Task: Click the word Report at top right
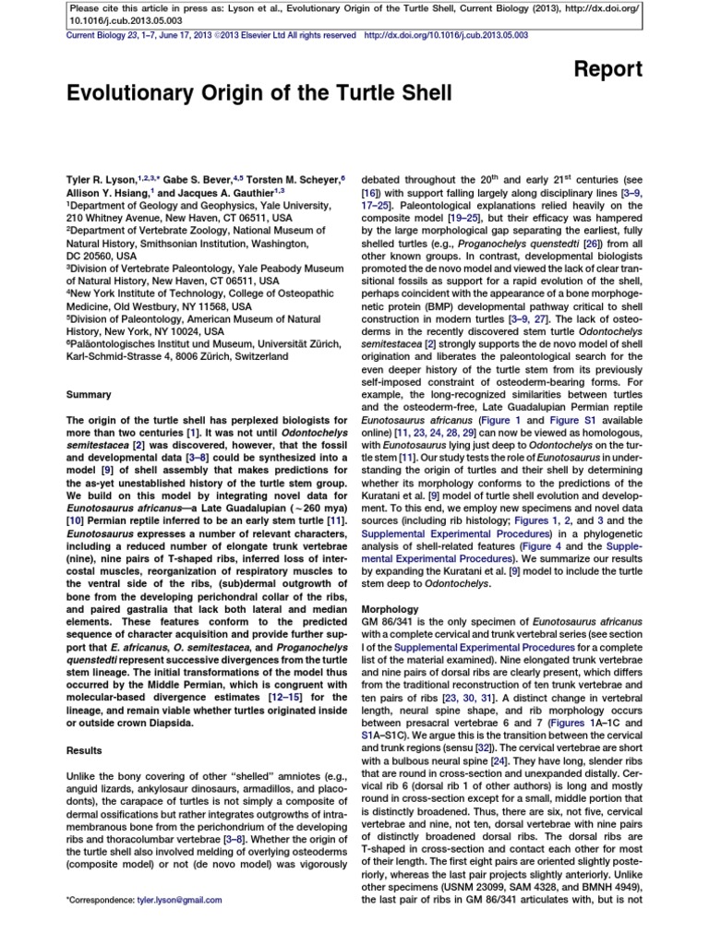tap(608, 70)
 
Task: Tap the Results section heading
tap(85, 751)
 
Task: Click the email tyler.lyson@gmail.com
tap(180, 900)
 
